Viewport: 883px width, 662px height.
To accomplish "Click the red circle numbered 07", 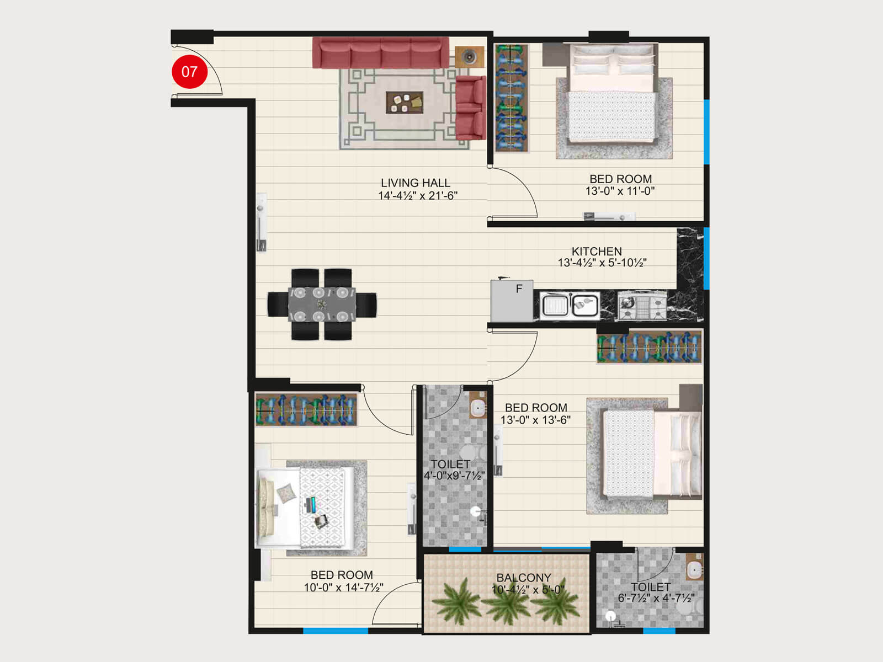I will [189, 71].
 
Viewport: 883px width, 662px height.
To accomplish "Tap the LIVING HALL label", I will [416, 183].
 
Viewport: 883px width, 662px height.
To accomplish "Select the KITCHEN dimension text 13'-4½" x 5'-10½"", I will [602, 263].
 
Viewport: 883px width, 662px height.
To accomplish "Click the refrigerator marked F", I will [512, 301].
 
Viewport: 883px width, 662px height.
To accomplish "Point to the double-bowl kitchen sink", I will [570, 305].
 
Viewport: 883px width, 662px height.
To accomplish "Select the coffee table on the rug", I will [405, 103].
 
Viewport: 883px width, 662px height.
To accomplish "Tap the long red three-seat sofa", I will [380, 53].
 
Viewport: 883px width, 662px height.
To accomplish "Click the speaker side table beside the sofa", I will [469, 57].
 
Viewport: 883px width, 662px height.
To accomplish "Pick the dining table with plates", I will [322, 304].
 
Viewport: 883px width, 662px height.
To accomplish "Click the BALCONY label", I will [524, 578].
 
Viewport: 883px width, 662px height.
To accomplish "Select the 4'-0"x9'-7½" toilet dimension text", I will [454, 476].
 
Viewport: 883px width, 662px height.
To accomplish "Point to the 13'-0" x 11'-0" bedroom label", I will [620, 185].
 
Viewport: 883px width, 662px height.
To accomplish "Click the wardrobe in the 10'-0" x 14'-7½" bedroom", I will [306, 409].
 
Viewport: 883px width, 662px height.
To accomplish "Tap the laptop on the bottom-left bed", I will [312, 504].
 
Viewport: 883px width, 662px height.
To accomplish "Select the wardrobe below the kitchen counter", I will [650, 347].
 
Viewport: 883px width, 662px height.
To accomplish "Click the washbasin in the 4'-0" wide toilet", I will [477, 408].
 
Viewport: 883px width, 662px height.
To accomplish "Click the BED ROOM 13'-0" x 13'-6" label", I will [536, 414].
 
